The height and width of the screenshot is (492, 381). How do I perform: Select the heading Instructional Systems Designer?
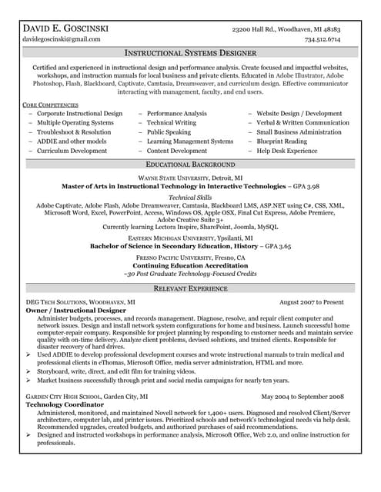point(190,54)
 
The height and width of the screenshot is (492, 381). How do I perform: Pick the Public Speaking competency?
point(169,132)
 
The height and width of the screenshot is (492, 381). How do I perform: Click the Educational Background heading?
point(190,165)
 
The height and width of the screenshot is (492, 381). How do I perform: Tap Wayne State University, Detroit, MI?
point(190,177)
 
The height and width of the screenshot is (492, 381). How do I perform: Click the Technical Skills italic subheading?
point(190,198)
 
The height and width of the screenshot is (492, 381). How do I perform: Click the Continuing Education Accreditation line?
point(190,266)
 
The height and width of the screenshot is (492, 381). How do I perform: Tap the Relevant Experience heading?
point(190,288)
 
